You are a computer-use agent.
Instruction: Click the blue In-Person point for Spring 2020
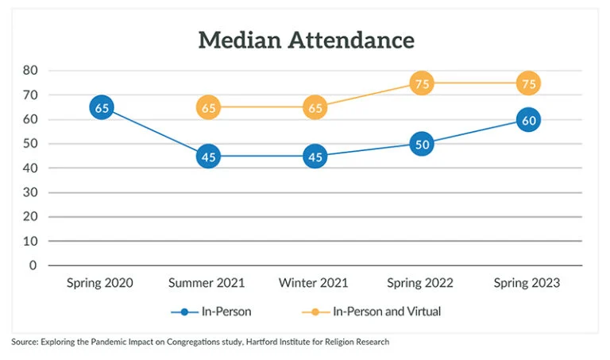click(101, 107)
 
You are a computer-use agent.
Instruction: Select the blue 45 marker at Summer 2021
click(208, 157)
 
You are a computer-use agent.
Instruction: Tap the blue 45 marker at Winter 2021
click(315, 157)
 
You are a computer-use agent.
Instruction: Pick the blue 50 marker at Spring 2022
click(422, 144)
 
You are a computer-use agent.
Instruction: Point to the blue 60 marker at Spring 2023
click(528, 120)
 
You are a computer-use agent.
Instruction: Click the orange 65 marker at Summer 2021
click(208, 107)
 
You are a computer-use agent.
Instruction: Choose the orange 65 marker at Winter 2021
click(315, 107)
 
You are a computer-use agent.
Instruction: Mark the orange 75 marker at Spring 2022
click(422, 83)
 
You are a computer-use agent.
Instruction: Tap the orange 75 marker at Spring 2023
click(528, 83)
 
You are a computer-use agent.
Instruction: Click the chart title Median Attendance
click(306, 40)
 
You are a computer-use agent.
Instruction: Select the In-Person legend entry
click(211, 312)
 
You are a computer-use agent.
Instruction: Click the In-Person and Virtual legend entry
click(373, 312)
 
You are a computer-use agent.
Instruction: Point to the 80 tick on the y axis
click(30, 70)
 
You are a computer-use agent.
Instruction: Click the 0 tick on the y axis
click(33, 265)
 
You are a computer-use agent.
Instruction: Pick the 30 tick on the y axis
click(30, 192)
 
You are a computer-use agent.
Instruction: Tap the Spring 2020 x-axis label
click(100, 284)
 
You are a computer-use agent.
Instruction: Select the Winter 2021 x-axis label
click(315, 284)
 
